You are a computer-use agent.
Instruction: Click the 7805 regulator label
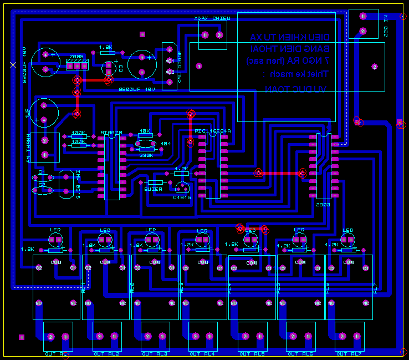(x=76, y=57)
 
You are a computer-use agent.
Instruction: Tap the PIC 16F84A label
(x=212, y=131)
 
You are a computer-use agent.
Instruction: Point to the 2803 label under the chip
(x=323, y=204)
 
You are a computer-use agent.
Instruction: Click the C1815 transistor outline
(x=182, y=188)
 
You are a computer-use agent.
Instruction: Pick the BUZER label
(x=153, y=189)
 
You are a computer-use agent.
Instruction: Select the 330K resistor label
(x=146, y=155)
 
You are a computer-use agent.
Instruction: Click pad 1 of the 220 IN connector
(x=363, y=17)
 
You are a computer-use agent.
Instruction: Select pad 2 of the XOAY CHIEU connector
(x=219, y=36)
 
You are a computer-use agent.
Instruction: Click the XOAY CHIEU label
(x=212, y=19)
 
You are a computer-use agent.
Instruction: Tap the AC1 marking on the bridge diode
(x=170, y=60)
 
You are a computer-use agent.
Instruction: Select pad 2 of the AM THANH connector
(x=44, y=141)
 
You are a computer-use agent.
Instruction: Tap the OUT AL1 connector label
(x=58, y=353)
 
